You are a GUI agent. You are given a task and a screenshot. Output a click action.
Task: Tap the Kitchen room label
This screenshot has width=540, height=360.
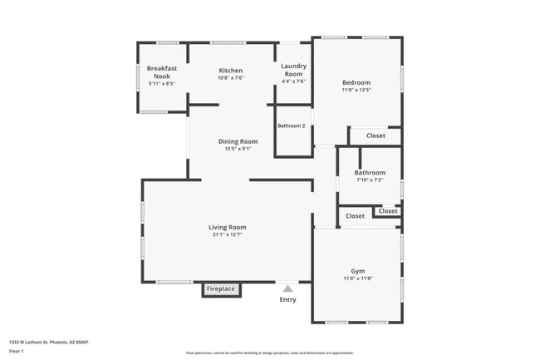(x=230, y=71)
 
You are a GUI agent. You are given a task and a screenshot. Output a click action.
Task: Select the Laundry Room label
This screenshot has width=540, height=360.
(x=293, y=69)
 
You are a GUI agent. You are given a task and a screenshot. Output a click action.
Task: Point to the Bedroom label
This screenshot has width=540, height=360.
(x=356, y=82)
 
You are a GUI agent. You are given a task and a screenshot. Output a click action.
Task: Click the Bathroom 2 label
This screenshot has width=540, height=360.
(x=292, y=126)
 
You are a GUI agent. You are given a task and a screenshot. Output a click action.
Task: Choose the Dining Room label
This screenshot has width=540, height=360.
(x=238, y=141)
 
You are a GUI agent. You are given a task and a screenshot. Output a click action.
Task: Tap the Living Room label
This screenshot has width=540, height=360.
(x=227, y=227)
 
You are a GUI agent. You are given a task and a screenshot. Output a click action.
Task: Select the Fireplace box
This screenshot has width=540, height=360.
(x=221, y=289)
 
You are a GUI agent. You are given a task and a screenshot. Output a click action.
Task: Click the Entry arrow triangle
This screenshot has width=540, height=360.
(x=287, y=289)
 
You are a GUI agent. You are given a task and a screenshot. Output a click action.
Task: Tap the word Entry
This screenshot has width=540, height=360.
(x=287, y=300)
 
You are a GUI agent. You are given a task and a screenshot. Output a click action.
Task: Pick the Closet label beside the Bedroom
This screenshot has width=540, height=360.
(x=376, y=136)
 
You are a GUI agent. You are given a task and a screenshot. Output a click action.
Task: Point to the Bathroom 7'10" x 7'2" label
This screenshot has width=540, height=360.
(x=370, y=173)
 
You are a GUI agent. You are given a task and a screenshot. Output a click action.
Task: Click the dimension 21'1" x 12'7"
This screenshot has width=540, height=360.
(x=227, y=234)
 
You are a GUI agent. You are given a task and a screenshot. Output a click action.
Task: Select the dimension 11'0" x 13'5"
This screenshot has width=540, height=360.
(x=356, y=90)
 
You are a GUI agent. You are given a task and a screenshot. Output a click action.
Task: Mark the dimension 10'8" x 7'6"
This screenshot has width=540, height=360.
(x=230, y=78)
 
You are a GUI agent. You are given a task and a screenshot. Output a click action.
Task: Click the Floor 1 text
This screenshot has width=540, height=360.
(x=16, y=351)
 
